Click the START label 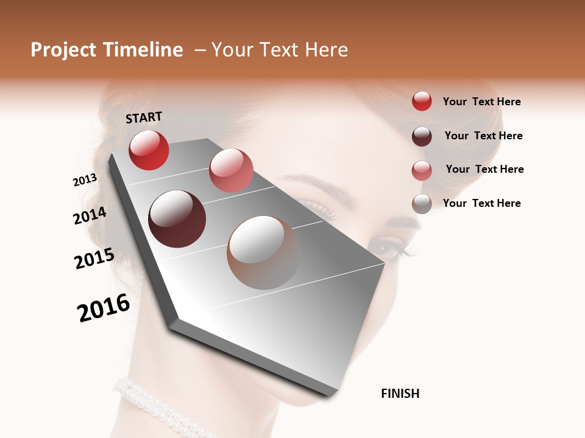point(144,117)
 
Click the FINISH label point(400,394)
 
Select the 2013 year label point(85,180)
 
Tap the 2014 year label point(90,215)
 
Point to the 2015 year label point(94,259)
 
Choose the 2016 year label point(104,308)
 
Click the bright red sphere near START point(149,150)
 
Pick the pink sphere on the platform point(231,170)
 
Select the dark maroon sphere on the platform point(177,219)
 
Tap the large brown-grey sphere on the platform point(264,252)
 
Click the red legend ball point(422,101)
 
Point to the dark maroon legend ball point(422,136)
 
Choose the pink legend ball point(422,170)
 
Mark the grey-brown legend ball point(422,204)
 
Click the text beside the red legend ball point(481,102)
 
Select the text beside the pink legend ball point(484,169)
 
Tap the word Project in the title point(63,50)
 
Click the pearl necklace point(152,405)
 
